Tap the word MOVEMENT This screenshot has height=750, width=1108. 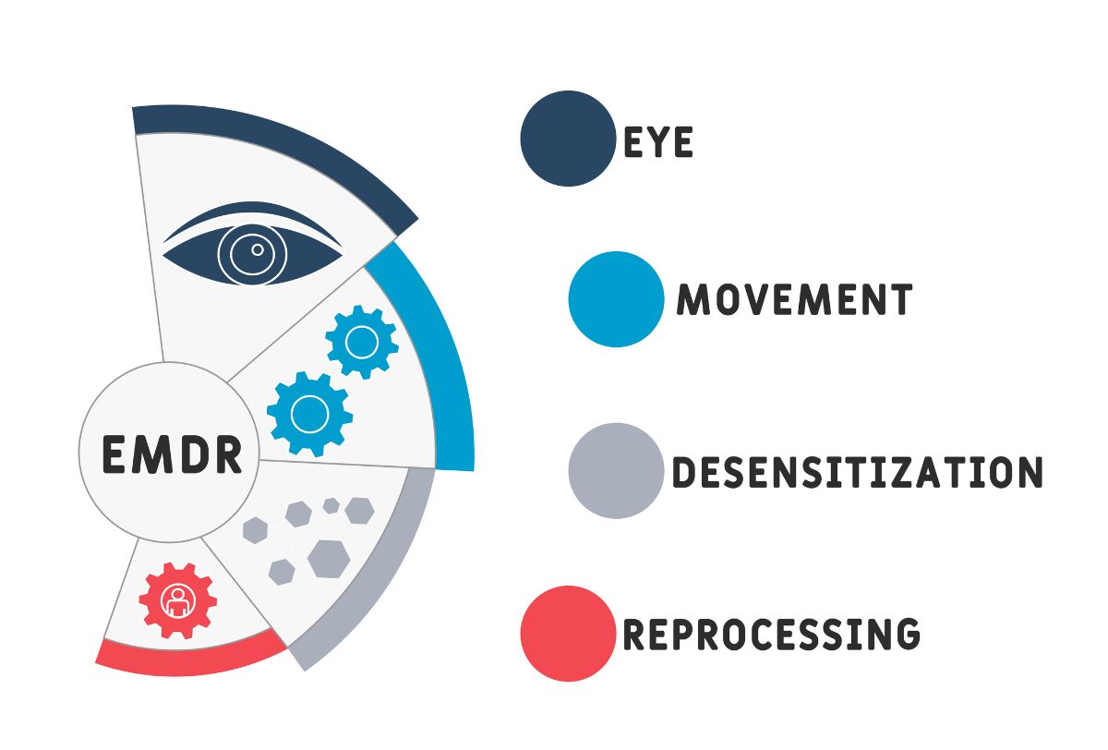pos(795,299)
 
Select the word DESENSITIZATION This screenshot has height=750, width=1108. pos(857,471)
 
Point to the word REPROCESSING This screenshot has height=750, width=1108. pos(772,634)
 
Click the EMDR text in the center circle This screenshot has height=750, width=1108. pos(172,454)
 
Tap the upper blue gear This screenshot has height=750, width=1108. pos(361,343)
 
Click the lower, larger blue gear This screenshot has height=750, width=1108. pos(309,414)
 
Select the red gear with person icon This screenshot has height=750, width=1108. pos(177,600)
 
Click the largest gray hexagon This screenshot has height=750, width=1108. pos(328,558)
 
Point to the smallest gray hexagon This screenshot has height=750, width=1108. pos(331,505)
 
